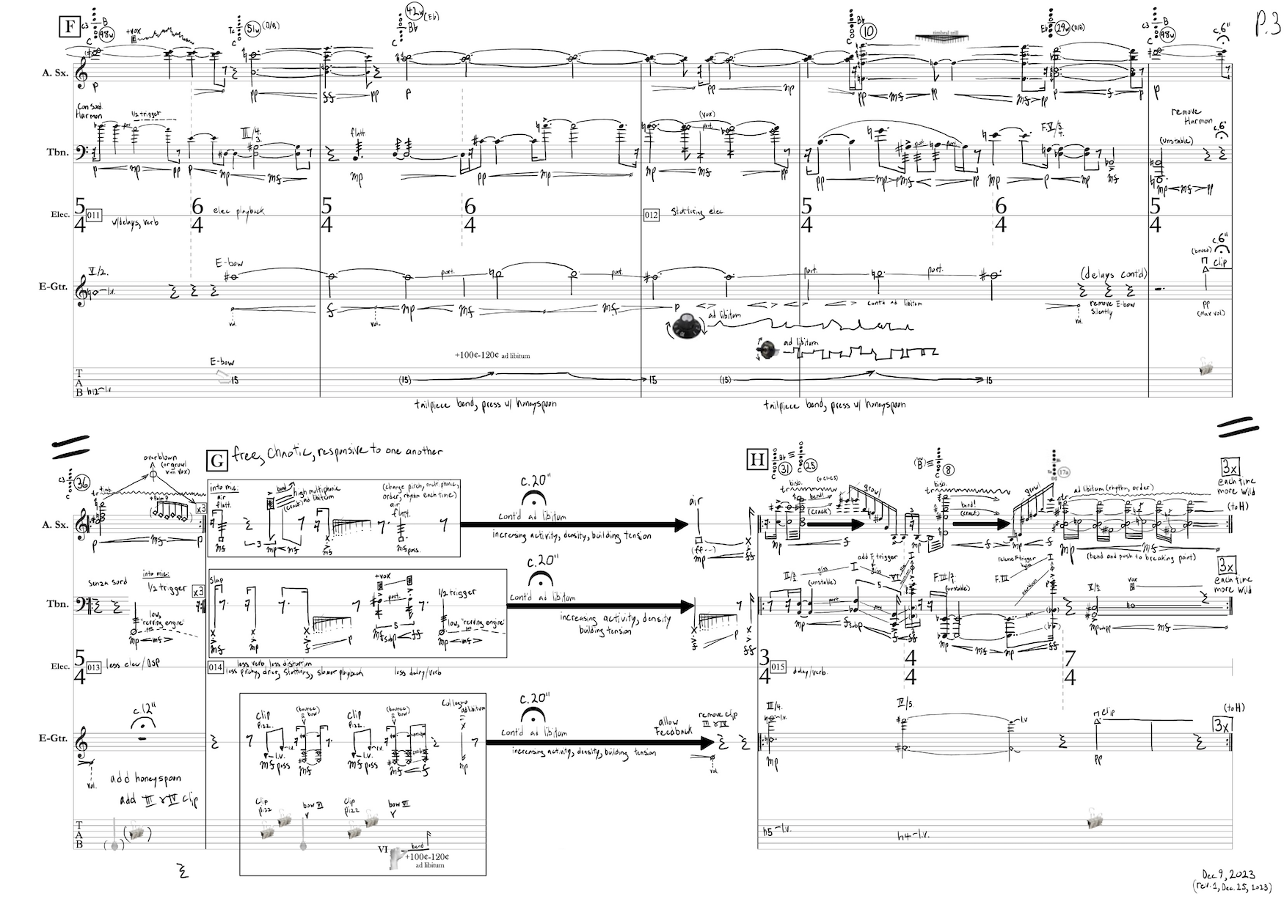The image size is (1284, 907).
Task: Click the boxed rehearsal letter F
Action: point(70,27)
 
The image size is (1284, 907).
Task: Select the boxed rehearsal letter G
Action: point(217,460)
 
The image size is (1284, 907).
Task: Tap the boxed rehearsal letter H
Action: point(756,460)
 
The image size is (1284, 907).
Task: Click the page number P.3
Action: point(1266,23)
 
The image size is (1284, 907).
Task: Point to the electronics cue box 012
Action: point(651,215)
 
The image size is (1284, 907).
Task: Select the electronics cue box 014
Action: point(216,667)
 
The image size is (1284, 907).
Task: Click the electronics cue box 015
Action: point(778,667)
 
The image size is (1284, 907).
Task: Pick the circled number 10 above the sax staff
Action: point(869,32)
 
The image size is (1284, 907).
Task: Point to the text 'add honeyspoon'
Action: point(146,778)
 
